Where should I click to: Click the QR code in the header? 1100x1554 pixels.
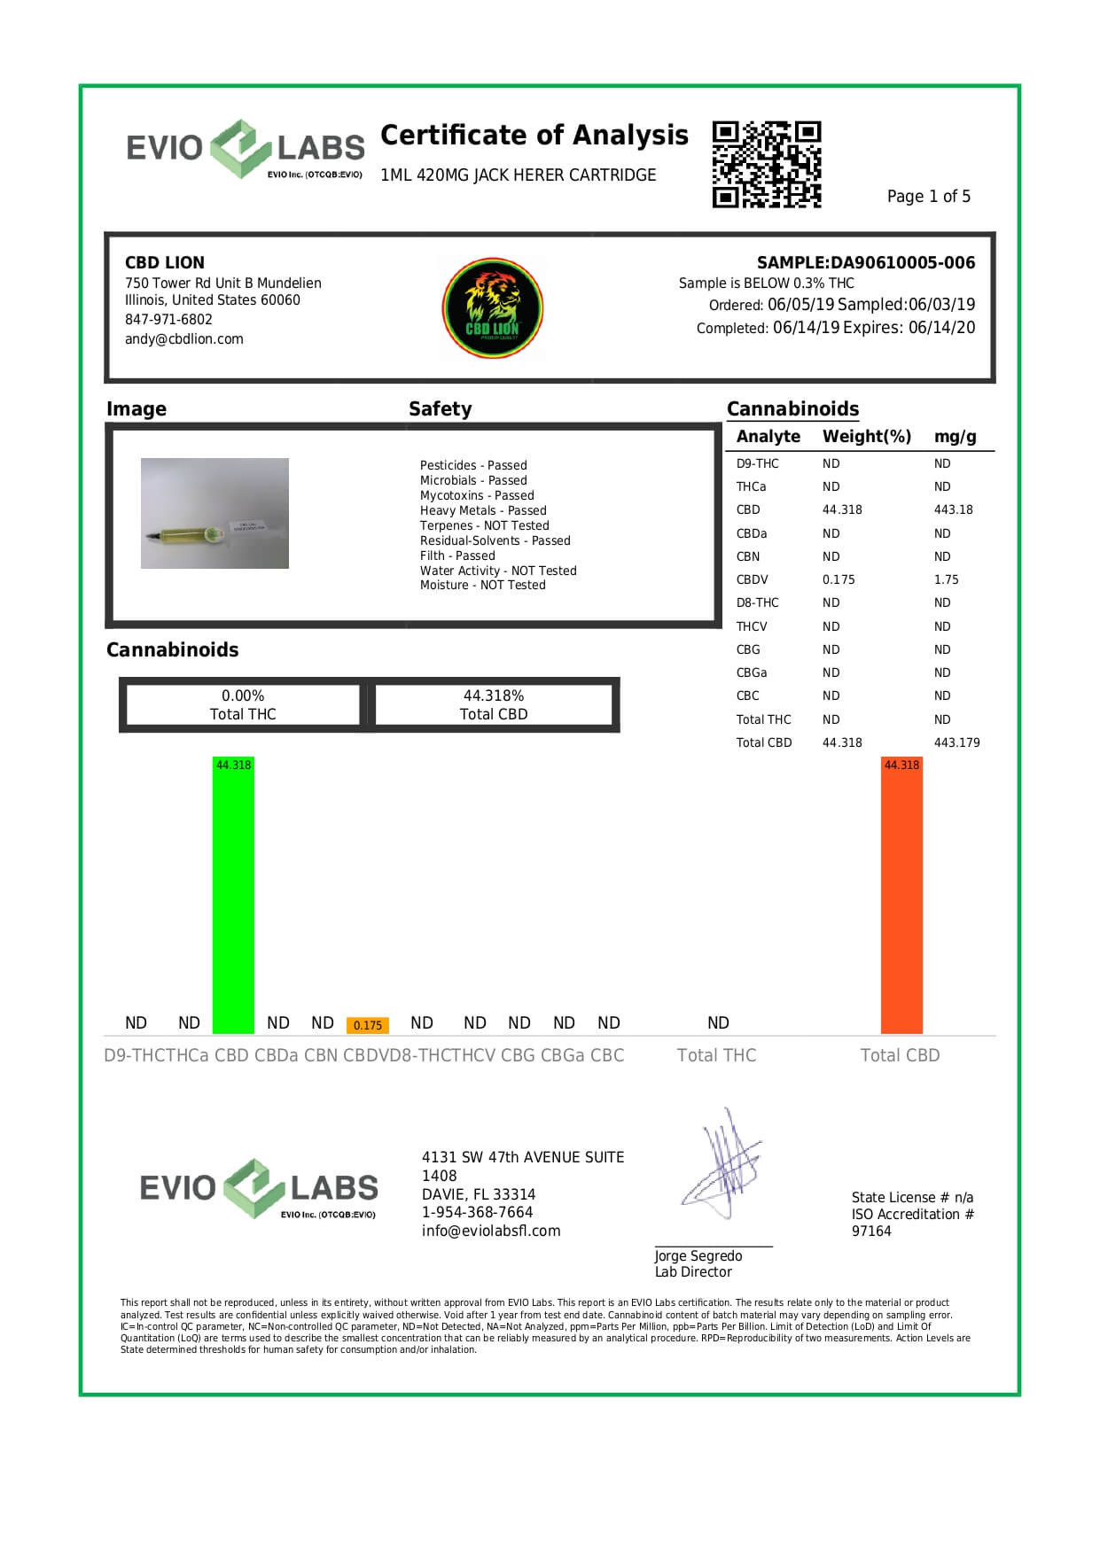point(767,165)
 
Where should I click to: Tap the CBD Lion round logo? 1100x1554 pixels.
point(493,308)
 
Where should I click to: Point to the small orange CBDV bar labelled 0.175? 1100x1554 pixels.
point(367,1025)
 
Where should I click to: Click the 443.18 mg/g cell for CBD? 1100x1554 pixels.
point(953,509)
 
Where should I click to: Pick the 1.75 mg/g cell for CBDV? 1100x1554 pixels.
point(946,579)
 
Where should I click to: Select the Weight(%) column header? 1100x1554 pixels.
point(866,436)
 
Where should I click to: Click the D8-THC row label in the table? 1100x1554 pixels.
point(757,602)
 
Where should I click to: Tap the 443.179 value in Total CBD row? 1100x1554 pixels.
point(956,742)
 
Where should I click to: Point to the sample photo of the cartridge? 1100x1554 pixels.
point(215,513)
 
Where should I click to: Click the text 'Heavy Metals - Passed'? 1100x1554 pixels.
point(483,510)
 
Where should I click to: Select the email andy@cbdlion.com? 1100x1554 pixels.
point(183,338)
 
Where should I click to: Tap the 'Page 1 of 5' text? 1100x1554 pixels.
point(928,196)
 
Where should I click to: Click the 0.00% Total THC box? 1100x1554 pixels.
point(243,704)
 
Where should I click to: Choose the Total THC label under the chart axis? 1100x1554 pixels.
point(716,1055)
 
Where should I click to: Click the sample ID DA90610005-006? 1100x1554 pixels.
point(902,262)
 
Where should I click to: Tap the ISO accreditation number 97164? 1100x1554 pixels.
point(871,1231)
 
